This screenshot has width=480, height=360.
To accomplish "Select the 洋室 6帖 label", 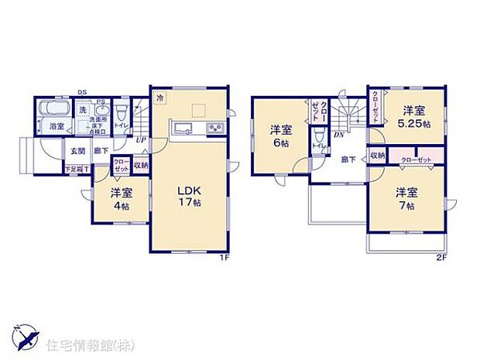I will point(280,135).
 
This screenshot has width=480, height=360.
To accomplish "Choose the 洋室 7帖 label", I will point(406,198).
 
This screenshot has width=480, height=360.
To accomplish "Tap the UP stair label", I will point(140,140).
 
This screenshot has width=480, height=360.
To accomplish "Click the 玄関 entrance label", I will point(78,152).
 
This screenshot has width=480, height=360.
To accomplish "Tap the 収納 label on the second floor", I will point(377,156).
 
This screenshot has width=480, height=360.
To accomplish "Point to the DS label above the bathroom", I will point(82,91).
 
